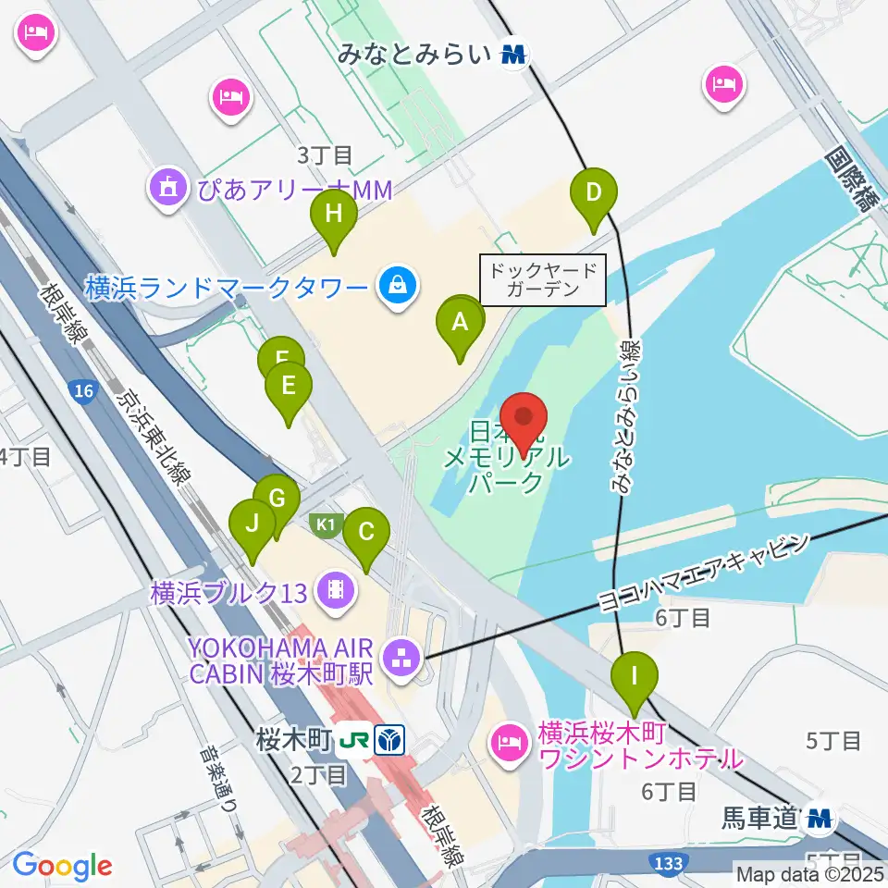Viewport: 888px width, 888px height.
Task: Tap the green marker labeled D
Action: click(x=594, y=194)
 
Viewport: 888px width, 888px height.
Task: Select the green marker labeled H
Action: click(x=334, y=216)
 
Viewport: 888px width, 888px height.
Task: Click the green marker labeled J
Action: click(x=253, y=525)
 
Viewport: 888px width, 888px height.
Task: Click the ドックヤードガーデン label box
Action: click(x=543, y=280)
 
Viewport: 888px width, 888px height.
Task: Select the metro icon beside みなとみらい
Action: click(x=513, y=55)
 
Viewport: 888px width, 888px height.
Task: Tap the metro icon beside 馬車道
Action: click(x=820, y=817)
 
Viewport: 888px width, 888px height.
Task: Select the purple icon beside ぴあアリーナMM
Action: click(x=166, y=190)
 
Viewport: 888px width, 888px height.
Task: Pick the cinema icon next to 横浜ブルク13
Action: click(x=334, y=589)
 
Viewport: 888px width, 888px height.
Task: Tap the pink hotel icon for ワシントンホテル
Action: click(x=510, y=740)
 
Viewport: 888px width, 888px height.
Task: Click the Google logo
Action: click(x=62, y=866)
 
